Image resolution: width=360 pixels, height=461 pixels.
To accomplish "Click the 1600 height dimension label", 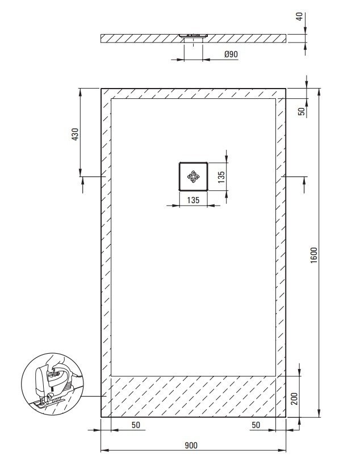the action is tap(314, 255).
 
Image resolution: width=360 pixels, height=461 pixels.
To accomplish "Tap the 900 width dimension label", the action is tap(191, 446).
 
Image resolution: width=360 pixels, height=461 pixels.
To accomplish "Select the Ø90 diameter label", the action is tap(231, 54).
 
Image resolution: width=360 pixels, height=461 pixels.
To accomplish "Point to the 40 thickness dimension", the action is tap(299, 17).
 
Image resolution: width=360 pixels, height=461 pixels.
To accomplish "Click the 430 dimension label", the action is tap(76, 134).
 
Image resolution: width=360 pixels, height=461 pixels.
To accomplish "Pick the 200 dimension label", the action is tap(295, 399).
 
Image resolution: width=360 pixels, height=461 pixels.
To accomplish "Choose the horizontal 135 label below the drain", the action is tap(193, 200).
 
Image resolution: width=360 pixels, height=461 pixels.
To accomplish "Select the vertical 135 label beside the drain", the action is tap(221, 177).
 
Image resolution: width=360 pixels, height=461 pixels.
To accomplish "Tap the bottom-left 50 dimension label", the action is tap(136, 425).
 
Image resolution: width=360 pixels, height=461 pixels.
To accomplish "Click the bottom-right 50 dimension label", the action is tap(256, 425).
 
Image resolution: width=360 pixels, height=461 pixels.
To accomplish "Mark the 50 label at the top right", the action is tap(302, 111).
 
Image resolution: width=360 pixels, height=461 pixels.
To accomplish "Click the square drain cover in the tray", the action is tap(193, 177).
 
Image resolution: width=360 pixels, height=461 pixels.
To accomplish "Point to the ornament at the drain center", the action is tap(193, 177).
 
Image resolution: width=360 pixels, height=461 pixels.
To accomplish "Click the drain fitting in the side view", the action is tap(193, 36).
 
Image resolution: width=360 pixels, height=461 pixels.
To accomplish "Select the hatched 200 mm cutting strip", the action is tap(193, 396).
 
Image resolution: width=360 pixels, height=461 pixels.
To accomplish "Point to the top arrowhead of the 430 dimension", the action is tap(80, 93).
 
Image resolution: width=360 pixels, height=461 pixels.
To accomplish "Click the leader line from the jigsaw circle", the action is tap(93, 396).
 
